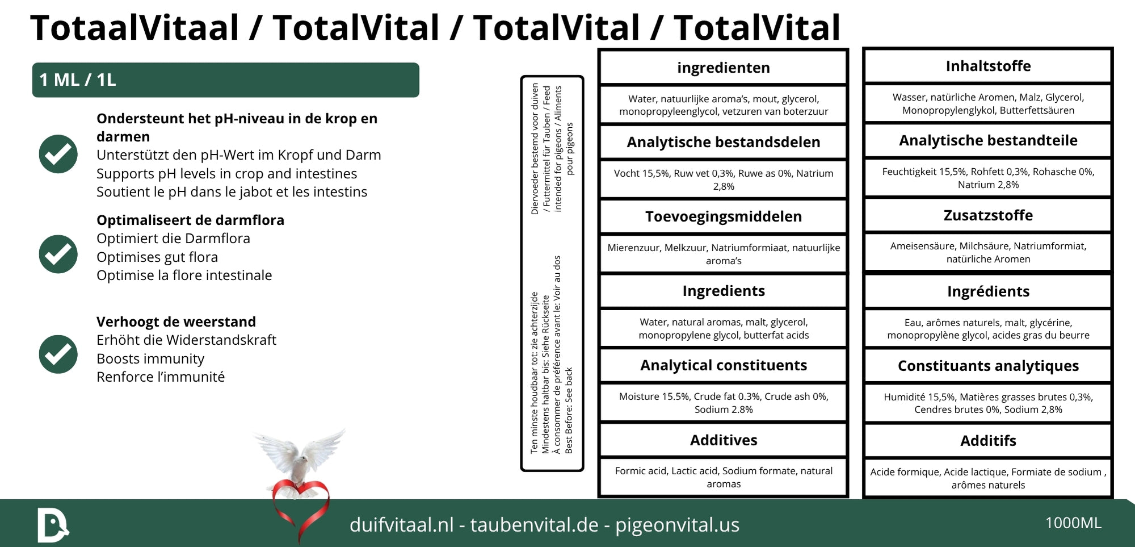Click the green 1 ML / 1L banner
pyautogui.click(x=225, y=80)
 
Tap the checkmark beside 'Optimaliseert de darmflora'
pyautogui.click(x=58, y=254)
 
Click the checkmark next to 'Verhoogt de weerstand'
pyautogui.click(x=58, y=354)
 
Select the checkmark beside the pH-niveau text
pyautogui.click(x=58, y=154)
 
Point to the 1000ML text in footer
pyautogui.click(x=1073, y=523)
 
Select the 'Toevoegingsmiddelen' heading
pyautogui.click(x=723, y=216)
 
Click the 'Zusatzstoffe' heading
pyautogui.click(x=987, y=215)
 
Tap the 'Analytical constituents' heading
pyautogui.click(x=723, y=365)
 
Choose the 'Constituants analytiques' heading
pyautogui.click(x=987, y=366)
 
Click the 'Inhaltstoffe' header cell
pyautogui.click(x=987, y=66)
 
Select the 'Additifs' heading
pyautogui.click(x=987, y=441)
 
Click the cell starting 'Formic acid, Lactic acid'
pyautogui.click(x=723, y=477)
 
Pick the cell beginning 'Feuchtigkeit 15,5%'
pyautogui.click(x=987, y=178)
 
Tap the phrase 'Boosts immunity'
pyautogui.click(x=150, y=359)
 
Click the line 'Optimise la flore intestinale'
pyautogui.click(x=184, y=275)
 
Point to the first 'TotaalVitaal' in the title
pyautogui.click(x=134, y=27)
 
